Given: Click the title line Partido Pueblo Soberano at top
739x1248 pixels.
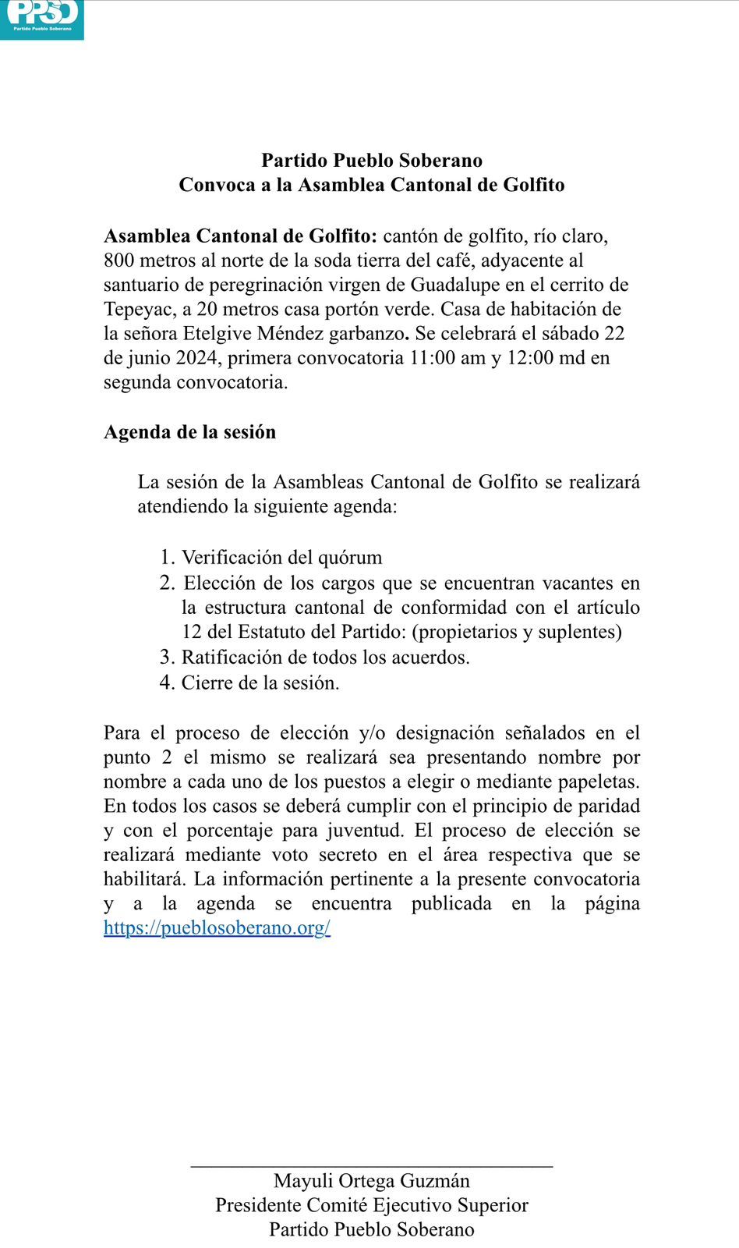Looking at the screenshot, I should tap(372, 160).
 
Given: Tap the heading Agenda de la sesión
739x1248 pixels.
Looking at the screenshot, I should tap(189, 432).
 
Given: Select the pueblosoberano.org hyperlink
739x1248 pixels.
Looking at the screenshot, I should tap(217, 927).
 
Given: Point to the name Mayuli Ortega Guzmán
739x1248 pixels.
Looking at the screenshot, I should tap(372, 1180).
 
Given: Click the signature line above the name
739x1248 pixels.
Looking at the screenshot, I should tap(372, 1166).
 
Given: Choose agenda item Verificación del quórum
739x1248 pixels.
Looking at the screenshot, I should tap(281, 557).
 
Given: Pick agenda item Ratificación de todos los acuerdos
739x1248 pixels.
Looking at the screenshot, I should tap(325, 657).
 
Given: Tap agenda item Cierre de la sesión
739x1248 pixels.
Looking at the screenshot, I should tap(260, 682).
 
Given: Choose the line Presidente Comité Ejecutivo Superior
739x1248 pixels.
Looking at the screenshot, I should tap(372, 1205).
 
